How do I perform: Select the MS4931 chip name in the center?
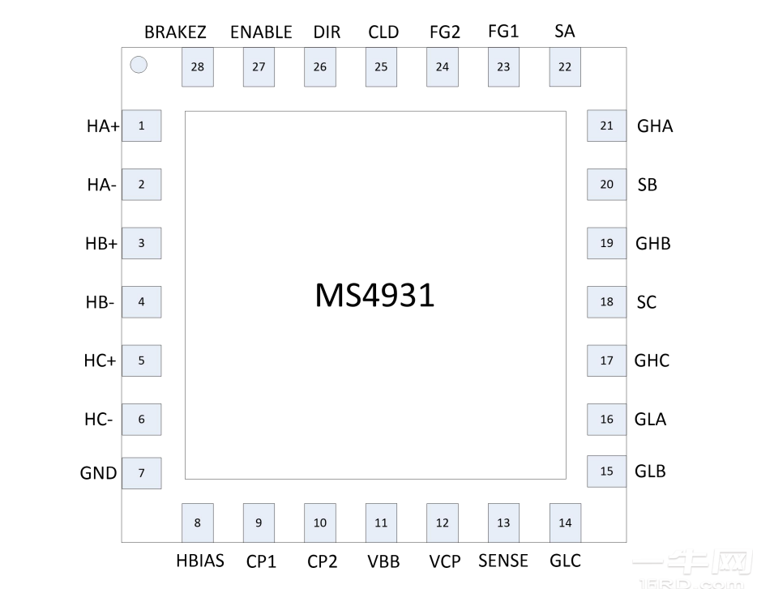(x=374, y=296)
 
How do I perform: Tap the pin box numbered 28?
(x=198, y=66)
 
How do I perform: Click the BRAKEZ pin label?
(x=175, y=32)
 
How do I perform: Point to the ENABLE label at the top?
(x=261, y=32)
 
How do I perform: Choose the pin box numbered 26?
(x=320, y=66)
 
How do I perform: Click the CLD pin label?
(x=383, y=32)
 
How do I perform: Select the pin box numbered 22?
(x=565, y=66)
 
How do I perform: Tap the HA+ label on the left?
(x=103, y=126)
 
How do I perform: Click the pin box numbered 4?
(x=141, y=302)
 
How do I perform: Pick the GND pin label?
(x=99, y=473)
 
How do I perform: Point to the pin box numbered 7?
(x=141, y=473)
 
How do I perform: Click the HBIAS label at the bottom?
(x=199, y=561)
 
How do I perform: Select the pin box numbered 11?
(x=381, y=523)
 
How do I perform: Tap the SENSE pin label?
(x=503, y=561)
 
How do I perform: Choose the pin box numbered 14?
(x=565, y=523)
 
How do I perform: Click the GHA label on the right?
(x=655, y=126)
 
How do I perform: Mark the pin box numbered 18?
(x=606, y=302)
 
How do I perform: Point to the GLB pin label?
(x=650, y=471)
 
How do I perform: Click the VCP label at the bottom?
(x=445, y=561)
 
